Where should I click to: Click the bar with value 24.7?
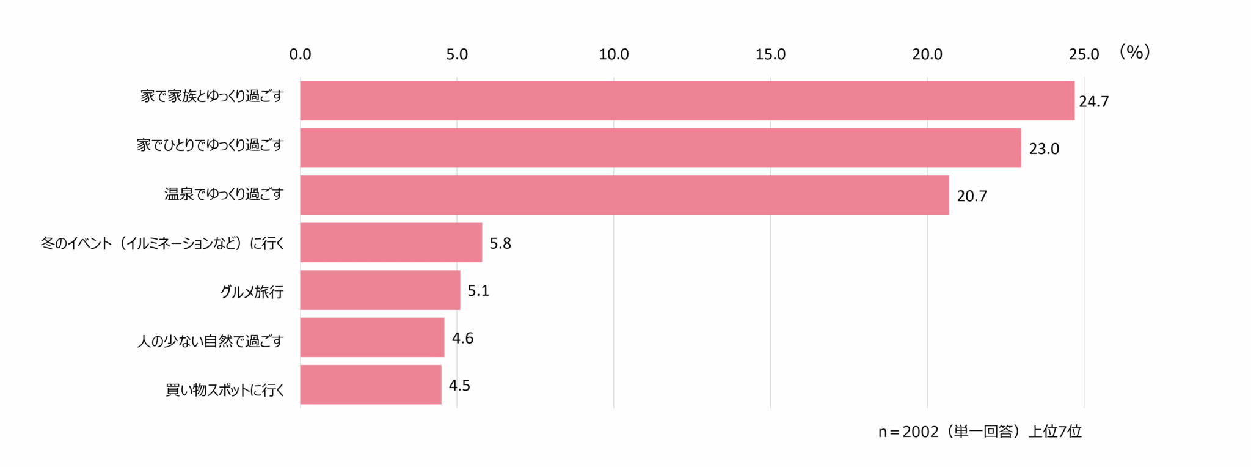[687, 101]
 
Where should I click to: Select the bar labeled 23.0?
[660, 148]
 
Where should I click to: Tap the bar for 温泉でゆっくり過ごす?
[624, 196]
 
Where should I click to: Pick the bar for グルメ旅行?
[380, 290]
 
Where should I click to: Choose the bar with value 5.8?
[391, 243]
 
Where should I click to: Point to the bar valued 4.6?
[372, 337]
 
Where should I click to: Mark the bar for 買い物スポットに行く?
[371, 385]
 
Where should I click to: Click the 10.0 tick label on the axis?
[613, 54]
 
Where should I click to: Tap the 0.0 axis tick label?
[300, 54]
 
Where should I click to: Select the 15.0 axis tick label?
[770, 54]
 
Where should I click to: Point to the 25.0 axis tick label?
[1084, 54]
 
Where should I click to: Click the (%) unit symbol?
[1134, 53]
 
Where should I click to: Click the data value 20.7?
[971, 196]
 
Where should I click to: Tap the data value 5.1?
[478, 291]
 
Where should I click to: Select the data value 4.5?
[459, 386]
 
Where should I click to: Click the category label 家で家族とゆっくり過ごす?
[212, 97]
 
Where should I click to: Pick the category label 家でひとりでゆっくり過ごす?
[210, 145]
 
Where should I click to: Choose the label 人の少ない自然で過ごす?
[210, 341]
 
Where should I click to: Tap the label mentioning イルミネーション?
[162, 243]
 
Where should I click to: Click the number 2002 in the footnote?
[920, 432]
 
